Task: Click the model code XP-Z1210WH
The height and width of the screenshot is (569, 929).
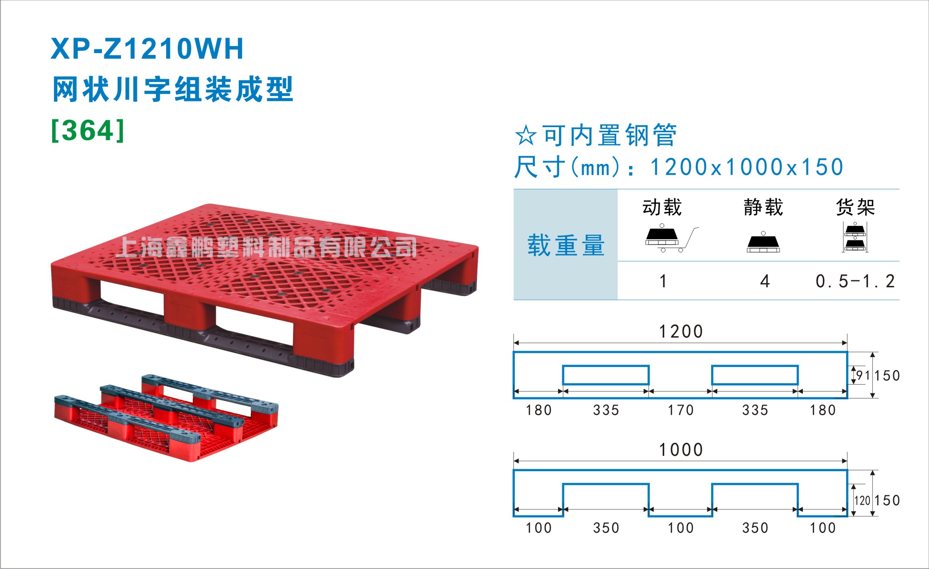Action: (x=147, y=49)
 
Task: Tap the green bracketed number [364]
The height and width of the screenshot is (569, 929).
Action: (x=88, y=130)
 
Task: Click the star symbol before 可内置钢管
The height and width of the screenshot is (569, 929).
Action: (x=526, y=135)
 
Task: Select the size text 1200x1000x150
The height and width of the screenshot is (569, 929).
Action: (x=747, y=167)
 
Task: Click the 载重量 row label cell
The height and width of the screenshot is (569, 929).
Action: (x=565, y=245)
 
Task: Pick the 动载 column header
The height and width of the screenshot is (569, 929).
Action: (x=662, y=207)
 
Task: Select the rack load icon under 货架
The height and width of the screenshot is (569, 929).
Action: (x=855, y=237)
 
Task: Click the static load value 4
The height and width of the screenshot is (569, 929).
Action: (x=765, y=281)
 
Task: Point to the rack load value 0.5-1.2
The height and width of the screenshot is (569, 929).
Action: (x=855, y=281)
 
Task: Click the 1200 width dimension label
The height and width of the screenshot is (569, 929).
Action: (x=680, y=332)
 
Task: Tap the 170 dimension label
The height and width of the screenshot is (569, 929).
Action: (x=680, y=410)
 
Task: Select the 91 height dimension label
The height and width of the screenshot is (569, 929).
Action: (x=863, y=375)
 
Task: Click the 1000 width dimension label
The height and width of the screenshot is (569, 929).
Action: (x=680, y=450)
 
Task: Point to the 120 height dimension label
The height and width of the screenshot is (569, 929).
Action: (x=862, y=501)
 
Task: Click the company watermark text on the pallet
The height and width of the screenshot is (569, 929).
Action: (x=266, y=247)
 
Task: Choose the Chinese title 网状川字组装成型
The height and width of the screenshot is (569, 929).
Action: (x=173, y=89)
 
